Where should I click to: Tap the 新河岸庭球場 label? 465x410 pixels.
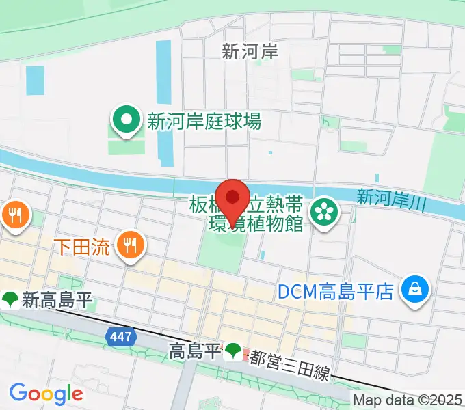click(x=204, y=122)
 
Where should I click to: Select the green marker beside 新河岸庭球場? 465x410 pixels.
click(x=127, y=122)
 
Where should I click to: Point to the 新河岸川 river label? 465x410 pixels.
click(x=391, y=198)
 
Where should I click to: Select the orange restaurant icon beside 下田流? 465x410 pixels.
click(x=129, y=246)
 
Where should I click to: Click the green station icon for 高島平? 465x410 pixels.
click(x=233, y=352)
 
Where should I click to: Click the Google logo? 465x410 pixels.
click(x=46, y=394)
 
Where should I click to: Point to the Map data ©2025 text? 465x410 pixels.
click(x=408, y=400)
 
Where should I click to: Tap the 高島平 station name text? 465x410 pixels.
click(x=194, y=352)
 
